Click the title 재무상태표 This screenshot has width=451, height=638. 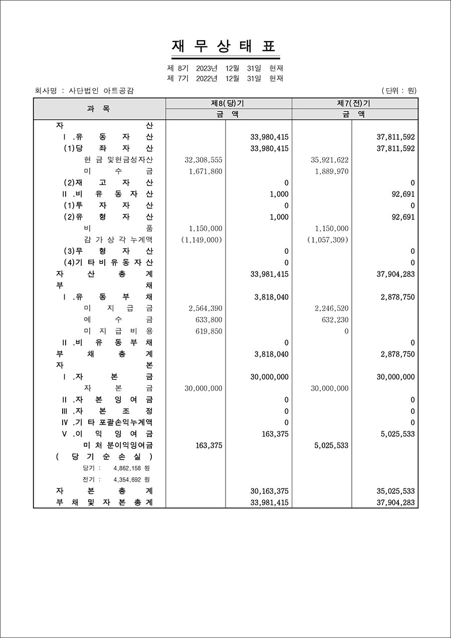click(224, 47)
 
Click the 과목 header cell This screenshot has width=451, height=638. click(99, 109)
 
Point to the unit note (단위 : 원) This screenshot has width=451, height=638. click(399, 91)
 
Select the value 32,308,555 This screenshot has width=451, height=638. click(203, 160)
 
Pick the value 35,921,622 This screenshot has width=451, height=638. click(329, 160)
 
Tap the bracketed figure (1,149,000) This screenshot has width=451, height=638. click(201, 240)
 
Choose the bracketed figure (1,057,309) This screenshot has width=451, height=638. click(327, 240)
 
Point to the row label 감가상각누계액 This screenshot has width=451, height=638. click(118, 240)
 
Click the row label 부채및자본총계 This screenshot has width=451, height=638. click(105, 502)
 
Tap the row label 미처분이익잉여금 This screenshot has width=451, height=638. click(118, 445)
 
